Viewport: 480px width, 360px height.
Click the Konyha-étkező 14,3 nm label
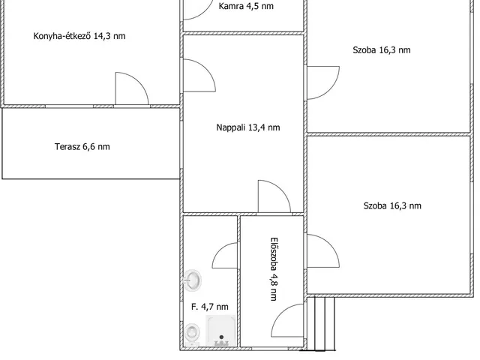[x=79, y=36]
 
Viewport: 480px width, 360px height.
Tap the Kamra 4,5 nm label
[x=246, y=6]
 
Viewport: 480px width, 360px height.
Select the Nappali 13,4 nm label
[x=248, y=127]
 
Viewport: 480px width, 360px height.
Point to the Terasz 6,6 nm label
[x=82, y=147]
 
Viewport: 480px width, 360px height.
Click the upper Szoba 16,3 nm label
[x=382, y=50]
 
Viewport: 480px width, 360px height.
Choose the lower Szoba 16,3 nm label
[x=392, y=205]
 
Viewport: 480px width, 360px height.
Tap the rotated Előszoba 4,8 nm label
[x=274, y=269]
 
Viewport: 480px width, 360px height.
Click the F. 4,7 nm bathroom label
[x=210, y=307]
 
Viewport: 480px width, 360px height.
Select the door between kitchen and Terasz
[x=132, y=88]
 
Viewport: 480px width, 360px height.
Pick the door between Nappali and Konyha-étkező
[x=199, y=75]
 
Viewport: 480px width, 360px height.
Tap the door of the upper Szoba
[x=323, y=82]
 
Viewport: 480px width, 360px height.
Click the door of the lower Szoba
[x=323, y=251]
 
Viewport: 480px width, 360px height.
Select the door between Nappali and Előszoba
[x=274, y=196]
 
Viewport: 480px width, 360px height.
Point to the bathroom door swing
[x=225, y=256]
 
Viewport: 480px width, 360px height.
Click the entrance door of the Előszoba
[x=287, y=320]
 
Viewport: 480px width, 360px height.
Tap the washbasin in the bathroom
[x=193, y=280]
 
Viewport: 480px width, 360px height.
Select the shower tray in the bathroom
[x=221, y=331]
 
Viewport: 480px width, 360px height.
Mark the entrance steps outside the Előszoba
[x=321, y=324]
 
